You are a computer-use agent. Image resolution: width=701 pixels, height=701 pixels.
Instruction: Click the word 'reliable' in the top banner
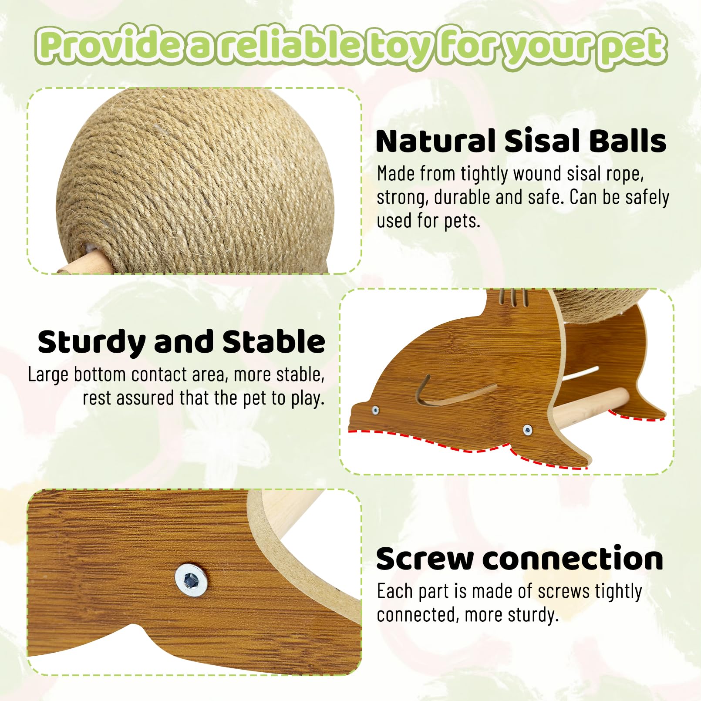[x=289, y=45]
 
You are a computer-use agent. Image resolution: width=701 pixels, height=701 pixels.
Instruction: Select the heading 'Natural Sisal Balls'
[x=521, y=141]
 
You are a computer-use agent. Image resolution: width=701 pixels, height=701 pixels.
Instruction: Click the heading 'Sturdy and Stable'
[x=181, y=342]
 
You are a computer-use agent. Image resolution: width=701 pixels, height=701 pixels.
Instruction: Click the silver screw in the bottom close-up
[x=191, y=580]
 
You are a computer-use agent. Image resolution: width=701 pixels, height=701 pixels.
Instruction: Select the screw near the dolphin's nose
[x=375, y=410]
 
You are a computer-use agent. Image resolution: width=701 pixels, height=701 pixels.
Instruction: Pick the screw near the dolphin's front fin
[x=527, y=430]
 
